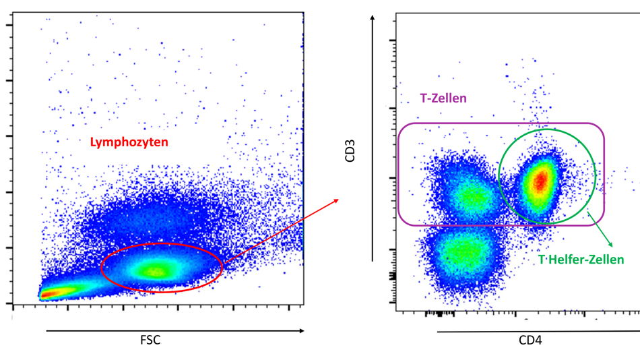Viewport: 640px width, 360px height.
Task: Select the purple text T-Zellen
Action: tap(443, 98)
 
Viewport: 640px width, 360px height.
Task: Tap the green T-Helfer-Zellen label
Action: tap(581, 259)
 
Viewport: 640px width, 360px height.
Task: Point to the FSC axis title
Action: tap(151, 340)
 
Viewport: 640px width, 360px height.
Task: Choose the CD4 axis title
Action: tap(530, 340)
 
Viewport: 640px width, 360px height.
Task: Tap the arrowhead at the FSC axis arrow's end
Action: tap(300, 331)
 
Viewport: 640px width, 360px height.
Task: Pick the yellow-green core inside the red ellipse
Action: tap(156, 271)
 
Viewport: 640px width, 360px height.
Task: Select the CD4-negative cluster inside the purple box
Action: tap(472, 196)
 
